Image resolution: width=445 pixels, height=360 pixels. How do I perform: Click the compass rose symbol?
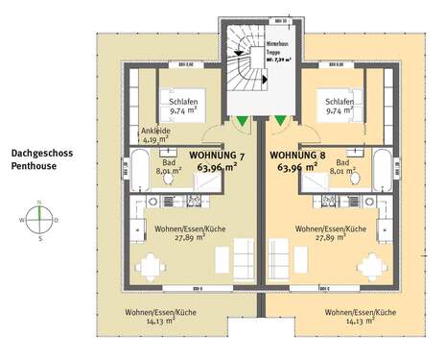[x=39, y=220]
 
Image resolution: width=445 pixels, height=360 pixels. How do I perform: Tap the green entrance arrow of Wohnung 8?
[x=281, y=121]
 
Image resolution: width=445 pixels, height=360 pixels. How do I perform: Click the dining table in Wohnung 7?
[x=152, y=266]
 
